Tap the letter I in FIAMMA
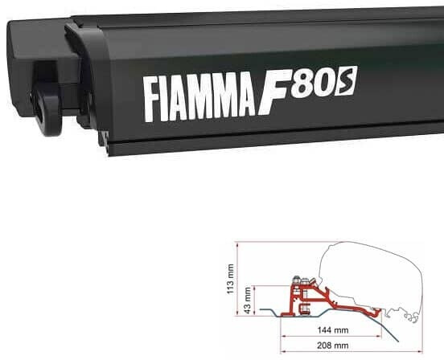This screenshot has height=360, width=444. point(166,97)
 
